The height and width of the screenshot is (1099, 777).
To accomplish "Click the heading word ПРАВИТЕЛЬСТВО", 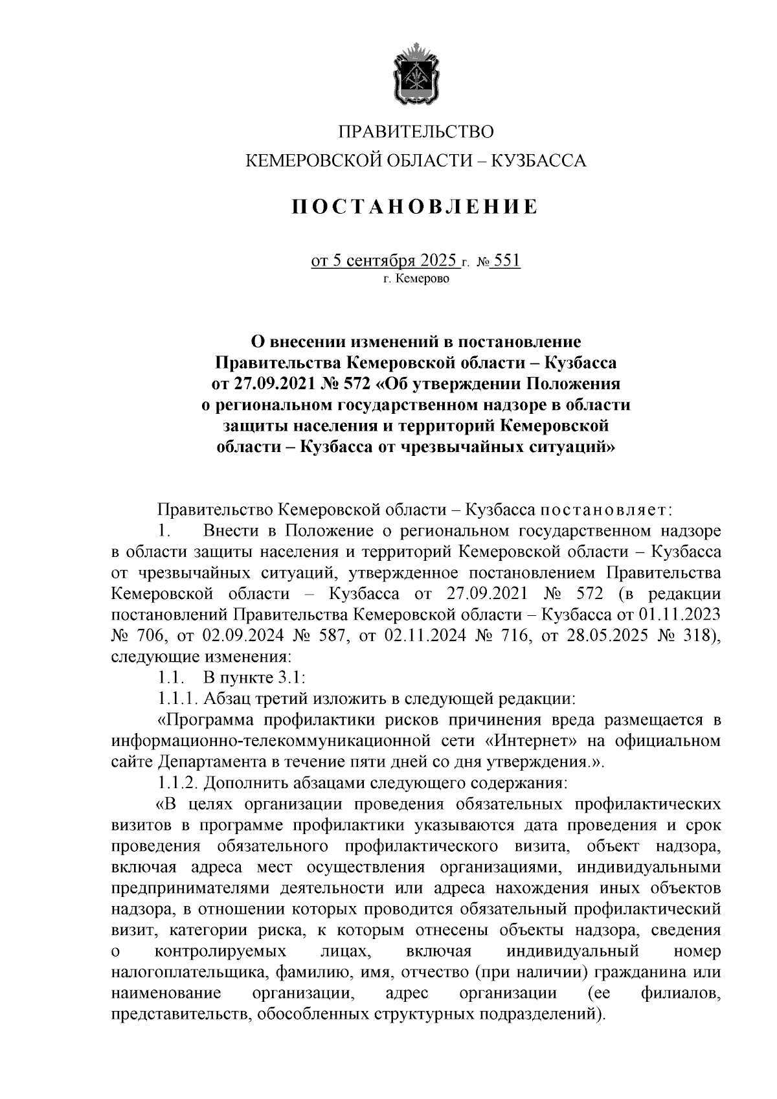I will click(416, 132).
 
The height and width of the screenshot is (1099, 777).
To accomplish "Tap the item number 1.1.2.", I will click(179, 782).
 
